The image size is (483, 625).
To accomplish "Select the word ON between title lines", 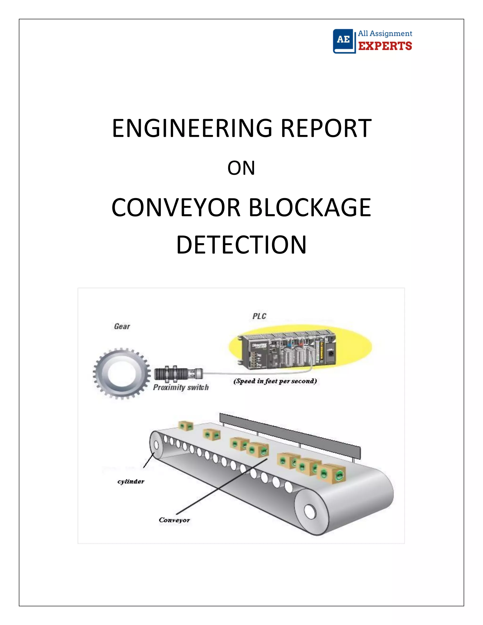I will (x=241, y=168).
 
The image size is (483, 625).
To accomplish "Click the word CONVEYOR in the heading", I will (x=176, y=208).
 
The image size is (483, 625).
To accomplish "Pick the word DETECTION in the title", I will (x=241, y=245).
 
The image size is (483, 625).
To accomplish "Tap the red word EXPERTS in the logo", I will (x=385, y=46).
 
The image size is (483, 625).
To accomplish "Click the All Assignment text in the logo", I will (x=385, y=33).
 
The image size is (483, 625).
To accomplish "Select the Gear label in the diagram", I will (x=122, y=326).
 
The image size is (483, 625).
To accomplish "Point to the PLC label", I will (x=259, y=316).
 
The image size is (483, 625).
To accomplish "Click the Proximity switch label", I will (x=181, y=387).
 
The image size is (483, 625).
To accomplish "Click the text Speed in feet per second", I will (x=275, y=381).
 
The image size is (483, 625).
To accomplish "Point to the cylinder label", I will (x=131, y=482).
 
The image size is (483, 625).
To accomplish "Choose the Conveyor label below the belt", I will (x=174, y=520).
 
